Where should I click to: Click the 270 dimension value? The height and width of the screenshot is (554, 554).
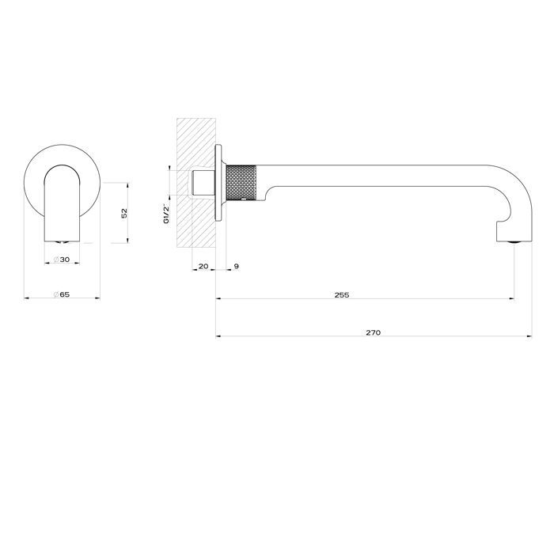(x=374, y=332)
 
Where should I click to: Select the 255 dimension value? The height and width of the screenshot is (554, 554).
(x=341, y=295)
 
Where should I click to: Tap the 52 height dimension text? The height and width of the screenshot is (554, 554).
(x=124, y=213)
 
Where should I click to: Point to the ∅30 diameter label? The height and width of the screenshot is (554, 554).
(x=61, y=260)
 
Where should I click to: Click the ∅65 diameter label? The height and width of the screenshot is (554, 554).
(x=62, y=295)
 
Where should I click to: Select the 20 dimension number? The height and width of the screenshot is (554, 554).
(x=203, y=267)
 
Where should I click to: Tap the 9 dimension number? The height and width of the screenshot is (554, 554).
(x=237, y=267)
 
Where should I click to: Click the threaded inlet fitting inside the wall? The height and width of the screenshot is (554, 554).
(x=202, y=184)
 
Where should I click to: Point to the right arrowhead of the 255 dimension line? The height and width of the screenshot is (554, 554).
(x=512, y=298)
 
